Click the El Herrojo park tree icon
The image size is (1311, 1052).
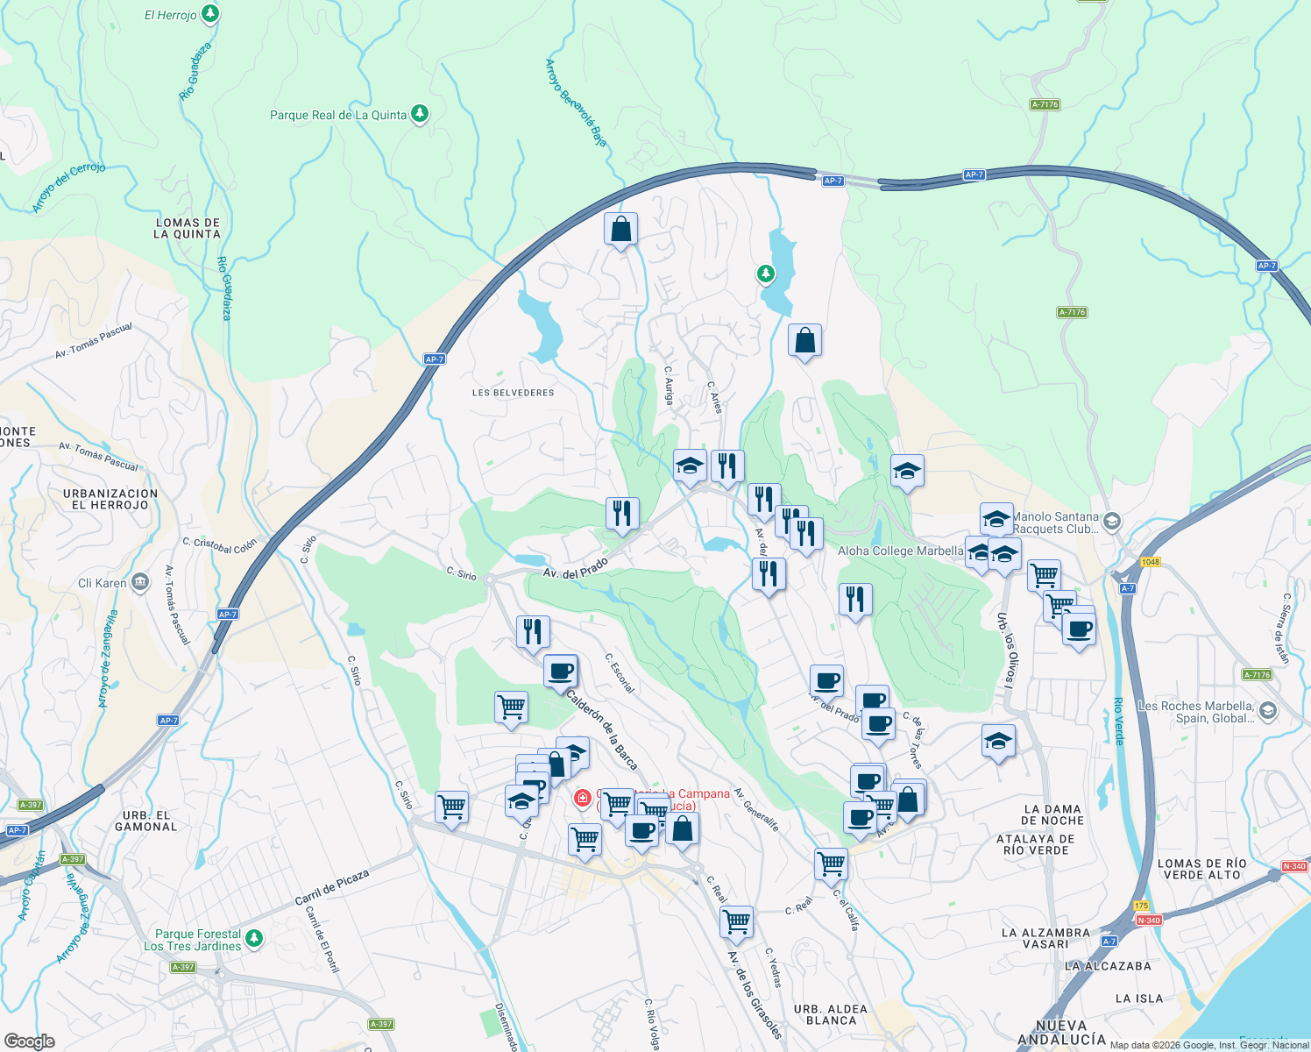point(209,14)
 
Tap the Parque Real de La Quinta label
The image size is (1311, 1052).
point(338,115)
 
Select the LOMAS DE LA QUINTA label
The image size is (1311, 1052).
point(188,229)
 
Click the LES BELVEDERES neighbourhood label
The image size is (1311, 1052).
point(514,393)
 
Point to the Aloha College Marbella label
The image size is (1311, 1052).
point(900,551)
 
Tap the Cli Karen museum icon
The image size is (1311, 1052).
point(140,583)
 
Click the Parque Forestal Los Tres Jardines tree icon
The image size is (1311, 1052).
point(254,938)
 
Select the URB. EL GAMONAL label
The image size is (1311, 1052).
point(146,821)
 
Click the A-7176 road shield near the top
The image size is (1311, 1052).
point(1045,104)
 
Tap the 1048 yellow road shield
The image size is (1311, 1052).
point(1150,562)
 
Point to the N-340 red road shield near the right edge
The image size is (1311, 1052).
point(1294,866)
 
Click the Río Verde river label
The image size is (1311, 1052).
point(1118,721)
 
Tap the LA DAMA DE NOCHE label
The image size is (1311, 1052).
point(1052,815)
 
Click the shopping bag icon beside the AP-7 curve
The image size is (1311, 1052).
point(620,230)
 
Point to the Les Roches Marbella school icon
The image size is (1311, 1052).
point(1268,710)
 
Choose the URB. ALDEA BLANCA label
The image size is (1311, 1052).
point(831,1015)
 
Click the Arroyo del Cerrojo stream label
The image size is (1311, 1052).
point(69,187)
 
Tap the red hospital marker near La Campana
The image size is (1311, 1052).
point(582,798)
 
